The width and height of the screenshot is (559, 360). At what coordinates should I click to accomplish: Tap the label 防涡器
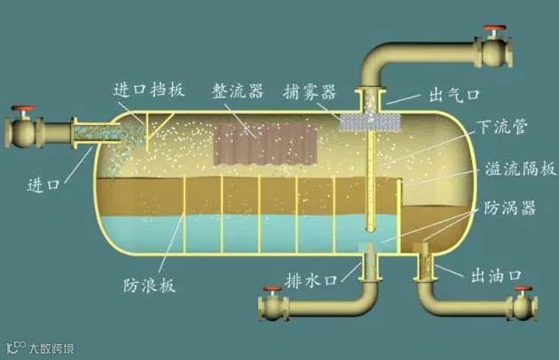[506, 209]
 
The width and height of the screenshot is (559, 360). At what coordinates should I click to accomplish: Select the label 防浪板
[148, 286]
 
